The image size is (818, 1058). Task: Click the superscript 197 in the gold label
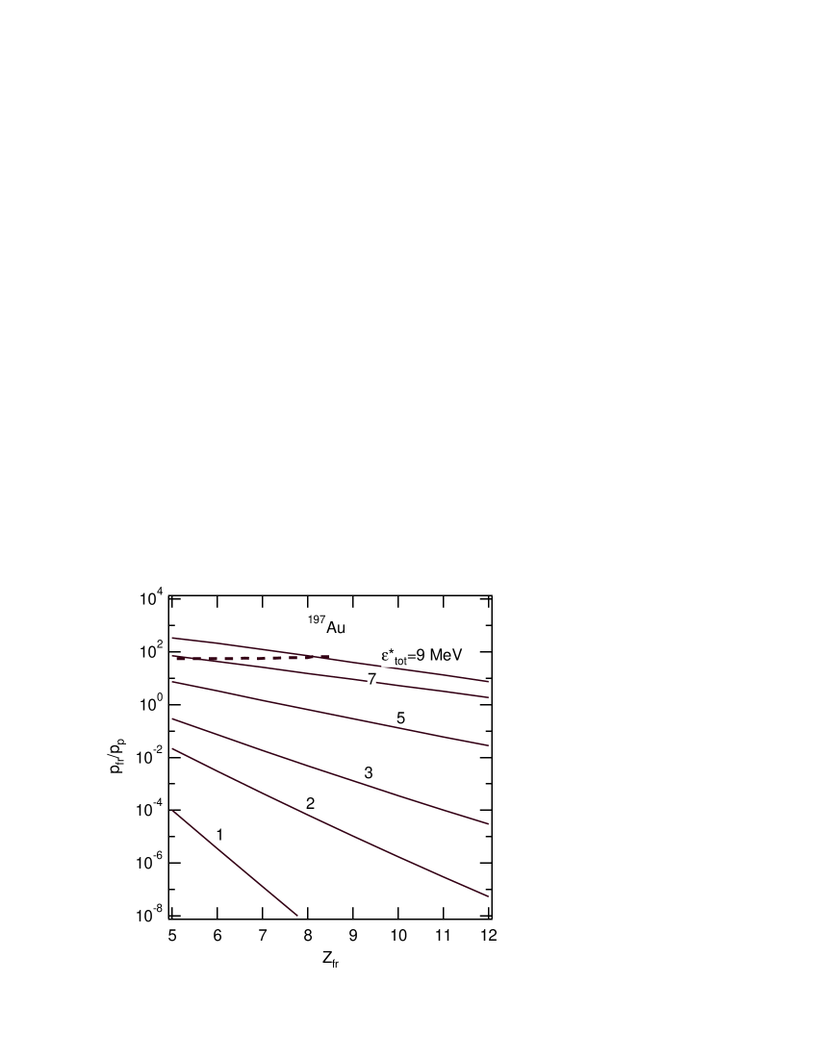click(316, 619)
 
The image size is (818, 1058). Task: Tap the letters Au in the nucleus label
click(336, 628)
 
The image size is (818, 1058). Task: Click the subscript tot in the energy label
click(400, 661)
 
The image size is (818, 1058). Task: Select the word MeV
click(446, 655)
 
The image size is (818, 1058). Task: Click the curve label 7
click(371, 680)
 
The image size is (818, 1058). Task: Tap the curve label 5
click(400, 718)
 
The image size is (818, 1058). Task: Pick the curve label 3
click(369, 772)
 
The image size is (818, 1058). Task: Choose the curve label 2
click(310, 804)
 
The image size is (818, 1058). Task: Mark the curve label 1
click(219, 835)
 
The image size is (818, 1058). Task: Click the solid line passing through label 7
click(433, 689)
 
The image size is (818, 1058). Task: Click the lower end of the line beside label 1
click(296, 916)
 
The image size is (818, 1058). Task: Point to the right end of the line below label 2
click(488, 895)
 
